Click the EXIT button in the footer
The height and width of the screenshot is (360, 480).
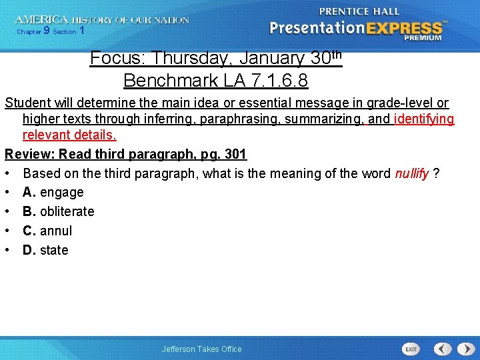tap(411, 349)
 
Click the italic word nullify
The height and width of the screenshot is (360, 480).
tap(412, 173)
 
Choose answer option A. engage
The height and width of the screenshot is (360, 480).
tap(53, 193)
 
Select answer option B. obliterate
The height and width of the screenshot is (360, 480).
tap(59, 212)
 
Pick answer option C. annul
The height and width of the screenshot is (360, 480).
tap(47, 231)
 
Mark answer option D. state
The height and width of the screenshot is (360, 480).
tap(45, 251)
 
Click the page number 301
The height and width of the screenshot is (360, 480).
tap(235, 155)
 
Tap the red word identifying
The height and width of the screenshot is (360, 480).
tap(424, 120)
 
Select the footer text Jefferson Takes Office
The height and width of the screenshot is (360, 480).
tap(201, 349)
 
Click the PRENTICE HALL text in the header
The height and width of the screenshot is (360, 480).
tap(359, 11)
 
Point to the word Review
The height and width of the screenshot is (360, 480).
tap(29, 155)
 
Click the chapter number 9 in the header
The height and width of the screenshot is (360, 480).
tap(47, 31)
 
